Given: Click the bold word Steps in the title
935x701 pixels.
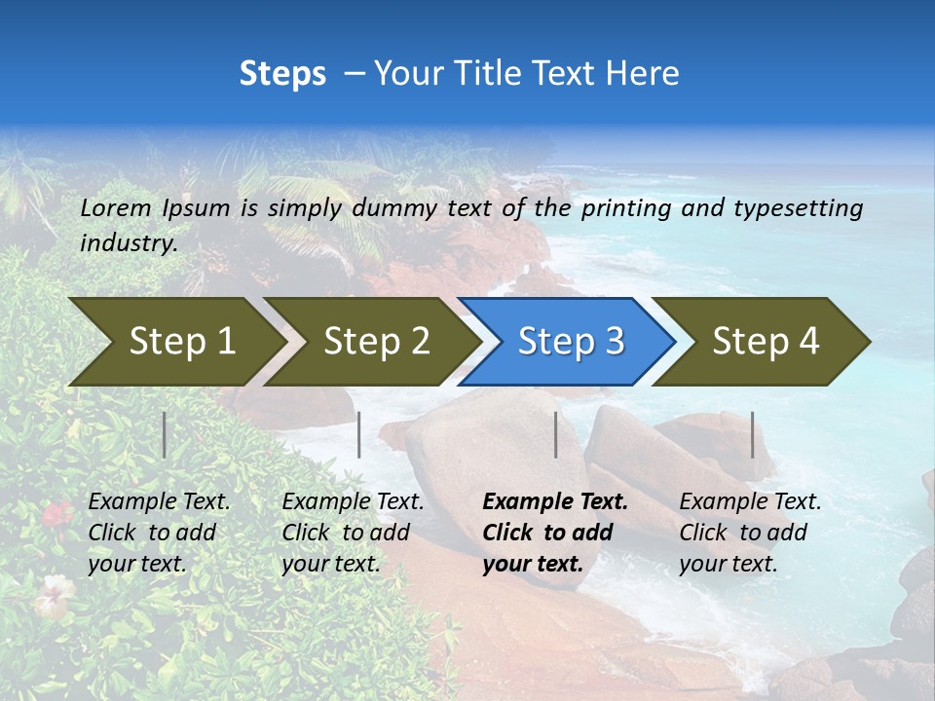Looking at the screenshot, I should click(x=282, y=74).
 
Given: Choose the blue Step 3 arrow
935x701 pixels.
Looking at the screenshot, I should click(x=571, y=341).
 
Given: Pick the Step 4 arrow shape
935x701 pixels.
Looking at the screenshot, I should click(x=766, y=341).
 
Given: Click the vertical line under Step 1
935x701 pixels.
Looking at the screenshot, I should click(x=165, y=434).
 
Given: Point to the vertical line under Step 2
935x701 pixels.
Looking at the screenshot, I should click(x=359, y=434).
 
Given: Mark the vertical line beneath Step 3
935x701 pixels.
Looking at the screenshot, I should click(x=556, y=434).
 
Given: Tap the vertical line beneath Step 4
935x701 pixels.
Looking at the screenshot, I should click(x=753, y=434).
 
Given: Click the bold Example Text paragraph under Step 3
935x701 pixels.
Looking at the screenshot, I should click(x=555, y=533).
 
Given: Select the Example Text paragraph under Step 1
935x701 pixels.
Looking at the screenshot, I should click(x=159, y=533).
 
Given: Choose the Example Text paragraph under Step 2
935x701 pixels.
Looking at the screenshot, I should click(x=353, y=533).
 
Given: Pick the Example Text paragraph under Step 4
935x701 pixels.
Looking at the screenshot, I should click(x=750, y=533).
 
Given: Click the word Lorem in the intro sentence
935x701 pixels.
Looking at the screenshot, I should click(x=116, y=207).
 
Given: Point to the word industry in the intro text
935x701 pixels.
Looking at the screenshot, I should click(x=128, y=242).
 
